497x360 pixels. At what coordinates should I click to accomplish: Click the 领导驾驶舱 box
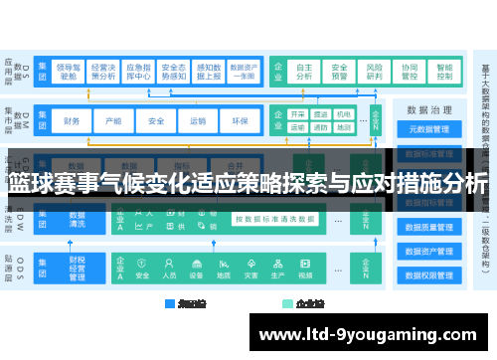69,68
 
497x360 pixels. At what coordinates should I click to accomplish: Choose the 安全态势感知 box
174,68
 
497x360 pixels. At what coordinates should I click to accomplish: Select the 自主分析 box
304,68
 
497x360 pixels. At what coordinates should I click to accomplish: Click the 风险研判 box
374,68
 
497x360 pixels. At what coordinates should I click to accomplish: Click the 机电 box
344,114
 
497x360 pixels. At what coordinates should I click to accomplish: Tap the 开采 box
297,114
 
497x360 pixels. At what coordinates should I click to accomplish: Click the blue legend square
170,303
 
